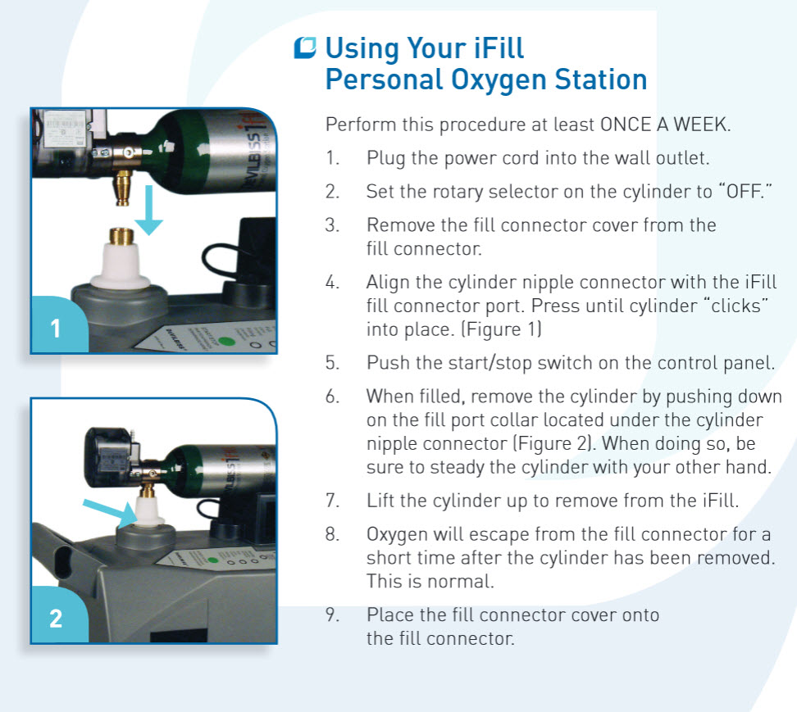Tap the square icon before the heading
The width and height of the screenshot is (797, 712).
pos(306,48)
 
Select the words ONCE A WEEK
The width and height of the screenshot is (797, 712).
pos(664,125)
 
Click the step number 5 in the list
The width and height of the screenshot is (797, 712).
pos(331,363)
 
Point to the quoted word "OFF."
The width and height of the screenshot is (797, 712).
pos(745,192)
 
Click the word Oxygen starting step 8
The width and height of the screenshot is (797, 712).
pos(397,535)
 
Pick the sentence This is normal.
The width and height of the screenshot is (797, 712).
pos(430,581)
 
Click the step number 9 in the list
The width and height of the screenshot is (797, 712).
pos(331,614)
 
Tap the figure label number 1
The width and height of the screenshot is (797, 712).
pos(55,329)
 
